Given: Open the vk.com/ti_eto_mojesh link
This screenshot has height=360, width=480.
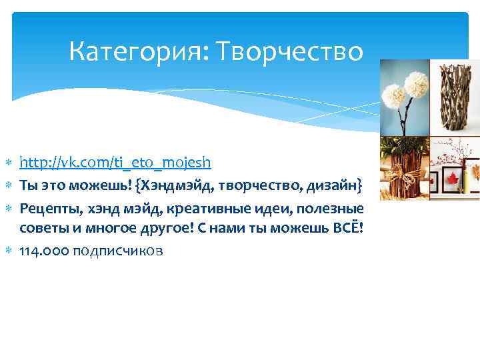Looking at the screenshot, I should [x=115, y=162].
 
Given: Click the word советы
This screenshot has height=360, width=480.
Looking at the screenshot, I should [x=41, y=229].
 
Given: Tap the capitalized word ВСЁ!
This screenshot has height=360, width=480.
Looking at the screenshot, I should [x=347, y=229].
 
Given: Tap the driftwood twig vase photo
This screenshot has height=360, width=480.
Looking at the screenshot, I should [x=453, y=97].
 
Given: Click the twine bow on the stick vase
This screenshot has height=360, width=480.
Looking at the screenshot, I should [x=403, y=177].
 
